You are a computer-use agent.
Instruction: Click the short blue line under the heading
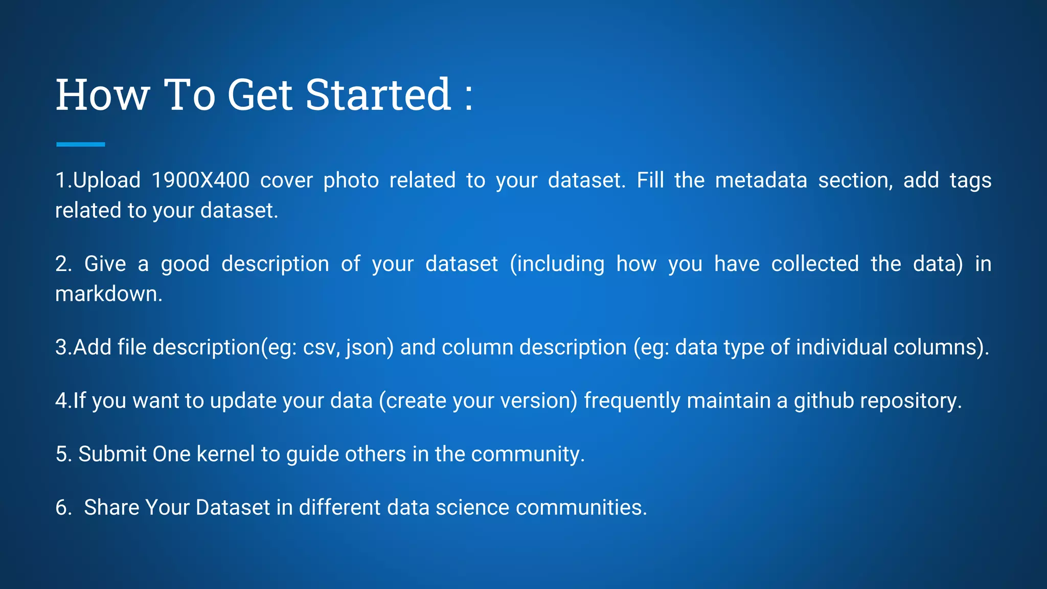click(x=80, y=145)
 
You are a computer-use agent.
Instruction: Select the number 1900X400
click(x=200, y=180)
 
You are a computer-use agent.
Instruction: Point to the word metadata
click(x=761, y=180)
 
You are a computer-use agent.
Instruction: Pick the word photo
click(x=351, y=180)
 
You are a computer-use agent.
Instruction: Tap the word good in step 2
click(x=185, y=264)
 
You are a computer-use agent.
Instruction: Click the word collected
click(x=815, y=264)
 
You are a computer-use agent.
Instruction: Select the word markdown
click(x=108, y=294)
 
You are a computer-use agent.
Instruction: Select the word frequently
click(x=632, y=401)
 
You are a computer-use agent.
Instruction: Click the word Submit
click(x=112, y=454)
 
